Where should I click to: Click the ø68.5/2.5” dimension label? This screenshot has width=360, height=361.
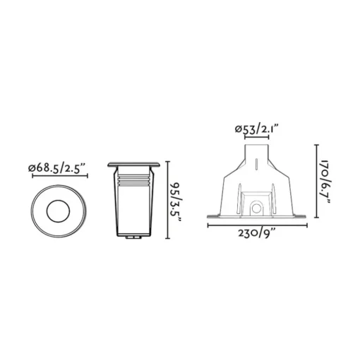[x=56, y=168]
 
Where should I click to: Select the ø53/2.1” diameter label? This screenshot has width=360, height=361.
[x=257, y=129]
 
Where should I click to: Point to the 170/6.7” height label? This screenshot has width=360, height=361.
[x=326, y=182]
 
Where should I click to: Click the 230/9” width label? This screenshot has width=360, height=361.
[x=257, y=234]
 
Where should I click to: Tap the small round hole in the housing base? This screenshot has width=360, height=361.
[x=257, y=208]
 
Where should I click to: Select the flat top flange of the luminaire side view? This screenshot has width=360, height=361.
[x=133, y=164]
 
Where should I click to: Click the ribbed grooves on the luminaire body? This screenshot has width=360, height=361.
[x=133, y=180]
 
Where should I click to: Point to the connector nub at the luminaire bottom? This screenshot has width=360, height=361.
[x=133, y=237]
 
